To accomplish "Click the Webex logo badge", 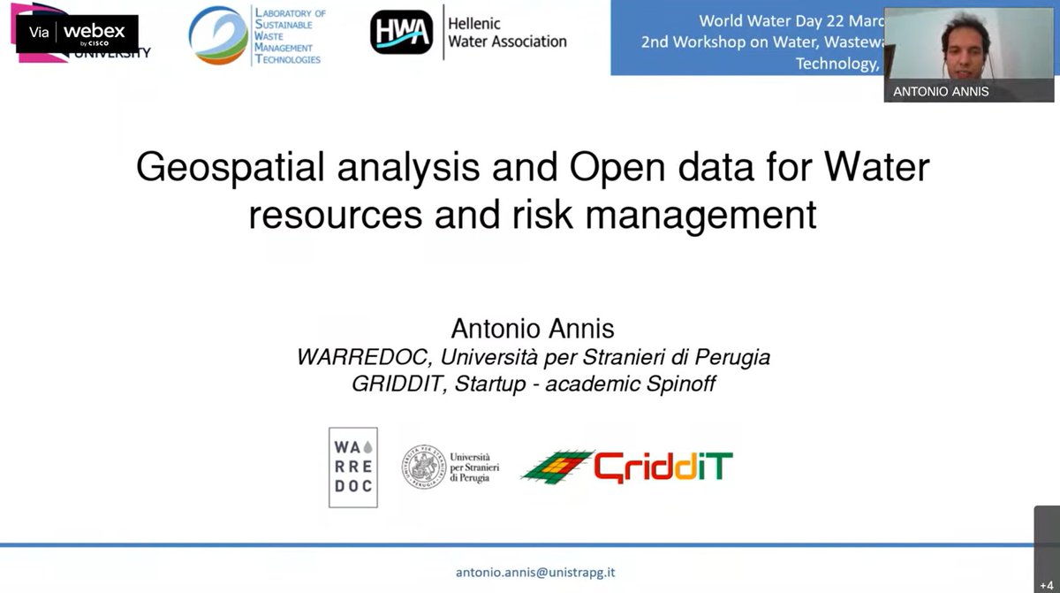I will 77,33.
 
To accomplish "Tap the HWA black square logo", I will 401,33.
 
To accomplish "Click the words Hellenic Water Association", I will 507,33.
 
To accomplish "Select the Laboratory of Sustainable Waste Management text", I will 289,36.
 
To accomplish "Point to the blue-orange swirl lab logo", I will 218,35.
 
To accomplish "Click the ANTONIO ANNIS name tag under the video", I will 941,91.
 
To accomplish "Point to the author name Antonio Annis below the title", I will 532,329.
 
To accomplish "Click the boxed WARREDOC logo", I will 352,467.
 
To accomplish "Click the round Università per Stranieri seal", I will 425,466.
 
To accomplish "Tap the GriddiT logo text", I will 662,466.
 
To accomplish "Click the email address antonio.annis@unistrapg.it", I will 535,572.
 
